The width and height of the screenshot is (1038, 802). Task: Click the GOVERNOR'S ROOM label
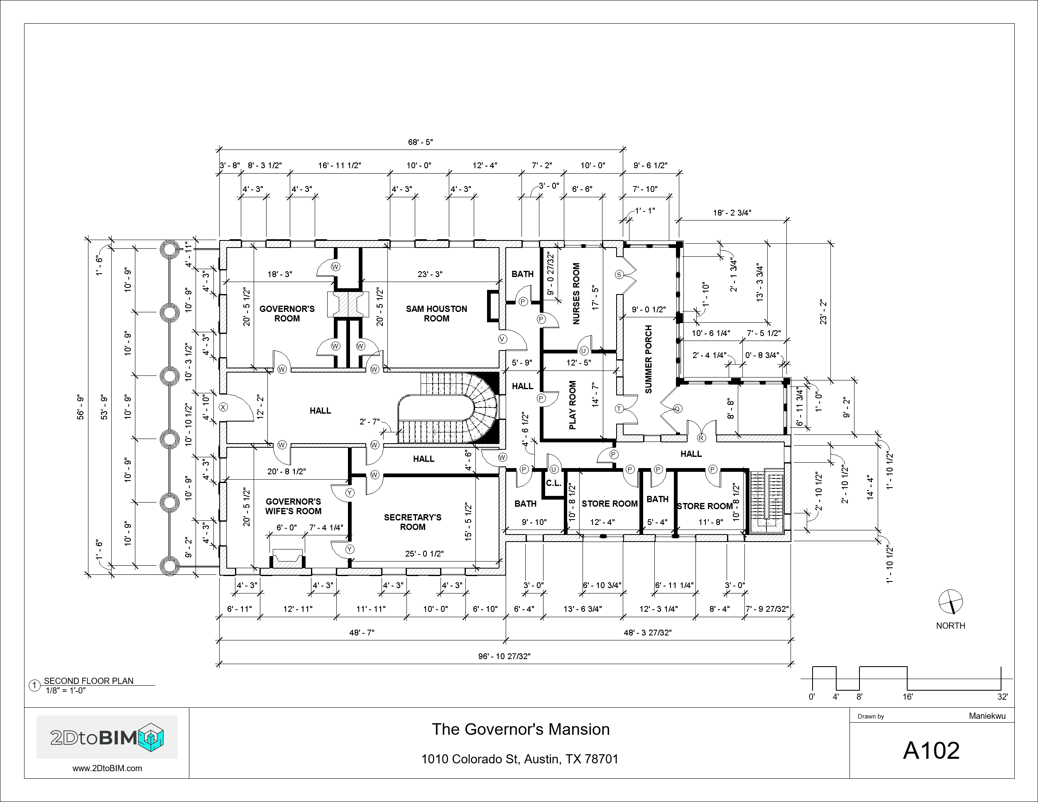pyautogui.click(x=287, y=314)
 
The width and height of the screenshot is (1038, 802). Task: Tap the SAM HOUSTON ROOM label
pyautogui.click(x=436, y=314)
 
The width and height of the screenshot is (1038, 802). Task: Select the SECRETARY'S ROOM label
pyautogui.click(x=413, y=522)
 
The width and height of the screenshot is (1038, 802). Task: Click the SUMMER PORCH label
pyautogui.click(x=649, y=359)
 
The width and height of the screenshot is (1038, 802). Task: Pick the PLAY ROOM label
pyautogui.click(x=573, y=405)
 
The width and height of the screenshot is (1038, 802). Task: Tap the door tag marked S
pyautogui.click(x=619, y=275)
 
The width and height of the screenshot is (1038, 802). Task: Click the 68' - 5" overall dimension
pyautogui.click(x=421, y=142)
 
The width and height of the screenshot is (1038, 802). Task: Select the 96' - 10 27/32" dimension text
pyautogui.click(x=504, y=657)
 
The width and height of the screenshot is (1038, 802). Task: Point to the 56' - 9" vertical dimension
pyautogui.click(x=81, y=407)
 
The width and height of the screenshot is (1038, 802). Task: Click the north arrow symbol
pyautogui.click(x=950, y=602)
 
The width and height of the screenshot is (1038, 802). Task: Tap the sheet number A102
pyautogui.click(x=931, y=750)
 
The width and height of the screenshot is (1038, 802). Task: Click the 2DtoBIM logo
pyautogui.click(x=108, y=737)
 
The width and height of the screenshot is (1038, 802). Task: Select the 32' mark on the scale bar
pyautogui.click(x=1002, y=697)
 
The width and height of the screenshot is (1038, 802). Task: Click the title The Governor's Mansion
pyautogui.click(x=520, y=729)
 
